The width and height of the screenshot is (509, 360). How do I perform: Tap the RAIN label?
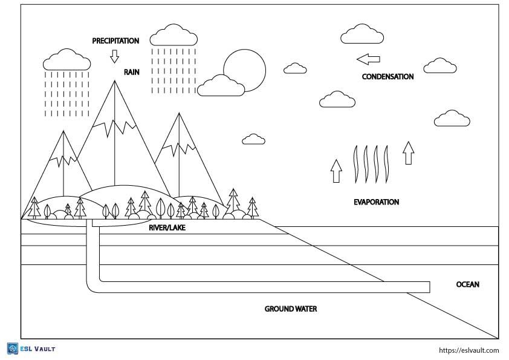click(x=132, y=72)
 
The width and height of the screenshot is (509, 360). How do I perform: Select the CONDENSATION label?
click(x=387, y=77)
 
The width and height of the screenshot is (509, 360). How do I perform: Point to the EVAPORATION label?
click(x=376, y=202)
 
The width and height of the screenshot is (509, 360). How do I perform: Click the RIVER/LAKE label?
click(x=167, y=228)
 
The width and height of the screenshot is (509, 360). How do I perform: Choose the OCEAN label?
click(x=467, y=284)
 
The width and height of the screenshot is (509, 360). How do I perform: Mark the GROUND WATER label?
click(x=291, y=309)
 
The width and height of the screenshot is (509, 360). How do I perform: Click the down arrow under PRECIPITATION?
click(x=114, y=56)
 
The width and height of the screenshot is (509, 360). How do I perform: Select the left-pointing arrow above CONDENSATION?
click(x=368, y=59)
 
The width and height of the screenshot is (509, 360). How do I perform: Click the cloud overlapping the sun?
click(x=221, y=86)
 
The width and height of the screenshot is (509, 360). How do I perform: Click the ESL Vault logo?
click(x=31, y=349)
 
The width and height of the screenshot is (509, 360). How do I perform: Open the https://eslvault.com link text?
click(x=468, y=350)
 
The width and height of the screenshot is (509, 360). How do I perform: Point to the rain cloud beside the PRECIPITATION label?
click(x=174, y=36)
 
